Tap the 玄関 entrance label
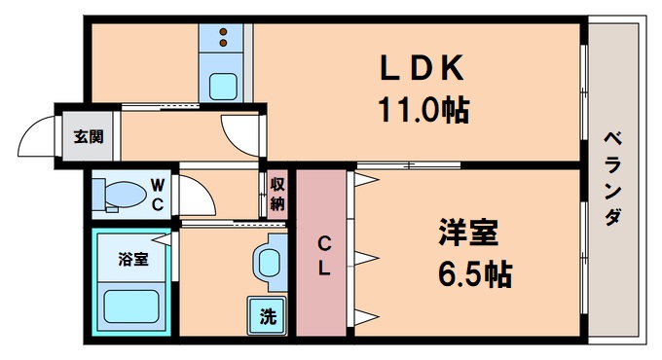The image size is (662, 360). tap(88, 135)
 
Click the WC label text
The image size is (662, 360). tap(158, 193)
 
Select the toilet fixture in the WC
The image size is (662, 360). tap(115, 194)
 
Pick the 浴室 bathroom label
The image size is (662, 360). tap(132, 259)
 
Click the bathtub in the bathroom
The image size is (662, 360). tap(130, 307)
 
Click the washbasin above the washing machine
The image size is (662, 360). tap(270, 262)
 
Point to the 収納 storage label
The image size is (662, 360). tap(276, 194)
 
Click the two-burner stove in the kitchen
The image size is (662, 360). tap(225, 39)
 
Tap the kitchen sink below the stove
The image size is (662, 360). tap(226, 85)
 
